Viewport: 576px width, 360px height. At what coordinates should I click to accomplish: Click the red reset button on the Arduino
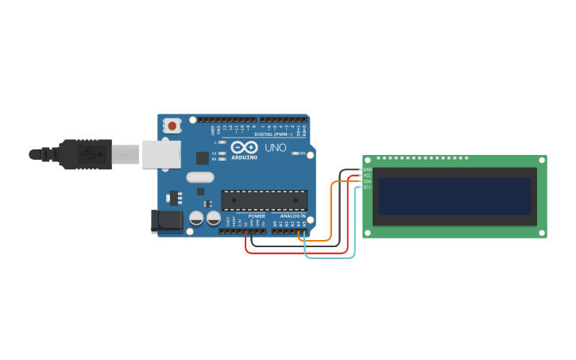172,126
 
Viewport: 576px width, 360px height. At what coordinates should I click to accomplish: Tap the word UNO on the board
275,148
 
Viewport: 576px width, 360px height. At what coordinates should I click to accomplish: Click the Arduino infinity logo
243,147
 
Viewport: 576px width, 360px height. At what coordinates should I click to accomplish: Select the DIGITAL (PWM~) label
273,134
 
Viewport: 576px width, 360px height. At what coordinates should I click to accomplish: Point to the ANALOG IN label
292,216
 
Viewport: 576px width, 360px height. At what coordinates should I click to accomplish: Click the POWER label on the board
256,216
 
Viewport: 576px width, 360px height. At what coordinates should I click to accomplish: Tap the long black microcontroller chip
264,199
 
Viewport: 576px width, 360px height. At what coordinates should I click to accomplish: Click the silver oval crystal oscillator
200,177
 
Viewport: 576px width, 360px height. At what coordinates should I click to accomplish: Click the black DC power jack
167,220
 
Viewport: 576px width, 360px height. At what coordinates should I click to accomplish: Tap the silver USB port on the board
161,153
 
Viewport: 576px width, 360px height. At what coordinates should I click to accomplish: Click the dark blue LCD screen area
454,195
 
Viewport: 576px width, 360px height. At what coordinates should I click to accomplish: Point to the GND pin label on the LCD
367,169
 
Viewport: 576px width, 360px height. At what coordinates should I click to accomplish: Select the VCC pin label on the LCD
367,175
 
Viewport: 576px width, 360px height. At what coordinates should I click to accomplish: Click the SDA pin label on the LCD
367,181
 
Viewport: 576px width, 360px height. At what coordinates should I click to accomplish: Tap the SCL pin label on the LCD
367,187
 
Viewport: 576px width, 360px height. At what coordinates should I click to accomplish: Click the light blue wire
330,257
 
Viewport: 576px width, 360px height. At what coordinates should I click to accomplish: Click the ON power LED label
303,153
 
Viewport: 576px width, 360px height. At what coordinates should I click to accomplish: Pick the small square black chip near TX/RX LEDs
202,158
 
